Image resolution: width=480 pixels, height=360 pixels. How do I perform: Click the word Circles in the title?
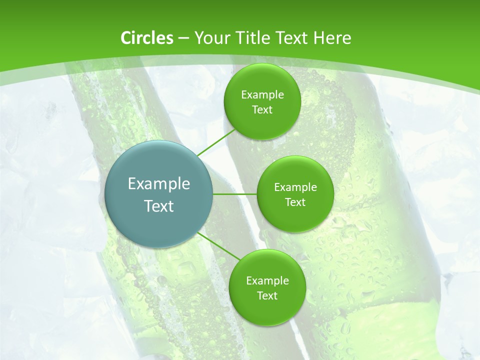(146, 38)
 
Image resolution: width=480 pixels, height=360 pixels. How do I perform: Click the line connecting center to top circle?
(216, 142)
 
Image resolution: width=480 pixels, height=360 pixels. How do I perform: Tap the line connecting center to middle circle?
(235, 194)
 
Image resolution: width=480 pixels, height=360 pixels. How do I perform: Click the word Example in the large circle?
(159, 184)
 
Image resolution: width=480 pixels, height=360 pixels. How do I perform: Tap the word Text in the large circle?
(159, 206)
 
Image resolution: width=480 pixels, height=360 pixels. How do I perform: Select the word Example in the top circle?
(262, 95)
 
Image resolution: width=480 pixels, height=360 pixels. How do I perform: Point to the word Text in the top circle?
(262, 110)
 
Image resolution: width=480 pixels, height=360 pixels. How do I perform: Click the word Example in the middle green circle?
(295, 187)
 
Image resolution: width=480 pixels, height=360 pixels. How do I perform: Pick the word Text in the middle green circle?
(295, 202)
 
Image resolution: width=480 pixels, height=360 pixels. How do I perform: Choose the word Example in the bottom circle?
(267, 281)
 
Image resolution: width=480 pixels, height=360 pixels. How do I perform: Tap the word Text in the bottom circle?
(267, 296)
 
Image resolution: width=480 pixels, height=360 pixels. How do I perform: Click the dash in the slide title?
(183, 38)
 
